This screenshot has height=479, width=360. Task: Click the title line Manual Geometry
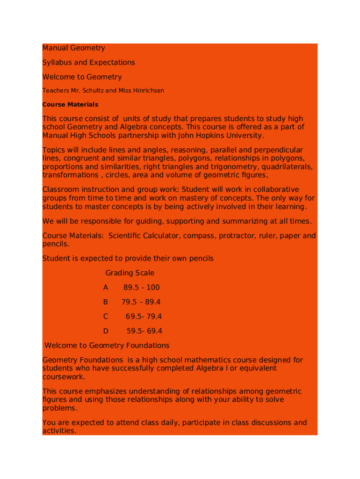[x=73, y=48]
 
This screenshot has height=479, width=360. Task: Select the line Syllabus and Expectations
[x=88, y=63]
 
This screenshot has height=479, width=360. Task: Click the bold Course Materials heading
[x=70, y=105]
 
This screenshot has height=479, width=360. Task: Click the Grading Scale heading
[x=130, y=273]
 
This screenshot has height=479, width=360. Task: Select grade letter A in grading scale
[x=106, y=288]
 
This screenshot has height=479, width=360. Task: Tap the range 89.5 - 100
[x=141, y=288]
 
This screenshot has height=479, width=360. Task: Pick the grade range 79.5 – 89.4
[x=141, y=302]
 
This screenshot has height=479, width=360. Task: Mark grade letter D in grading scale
[x=106, y=332]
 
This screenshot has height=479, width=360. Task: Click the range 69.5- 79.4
[x=144, y=317]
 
